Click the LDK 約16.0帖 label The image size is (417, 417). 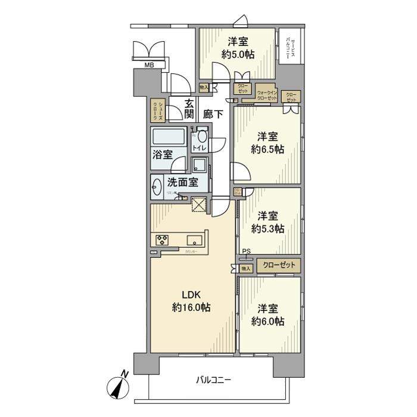pyautogui.click(x=191, y=301)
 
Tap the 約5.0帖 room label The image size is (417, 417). pyautogui.click(x=237, y=48)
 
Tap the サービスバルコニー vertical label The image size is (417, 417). pyautogui.click(x=291, y=47)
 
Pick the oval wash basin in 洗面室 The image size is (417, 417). pyautogui.click(x=157, y=188)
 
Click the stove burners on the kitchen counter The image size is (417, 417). pyautogui.click(x=163, y=240)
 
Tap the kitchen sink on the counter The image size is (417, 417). pyautogui.click(x=195, y=240)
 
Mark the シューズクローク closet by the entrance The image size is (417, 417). pyautogui.click(x=157, y=110)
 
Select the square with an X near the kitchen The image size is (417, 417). pyautogui.click(x=198, y=204)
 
